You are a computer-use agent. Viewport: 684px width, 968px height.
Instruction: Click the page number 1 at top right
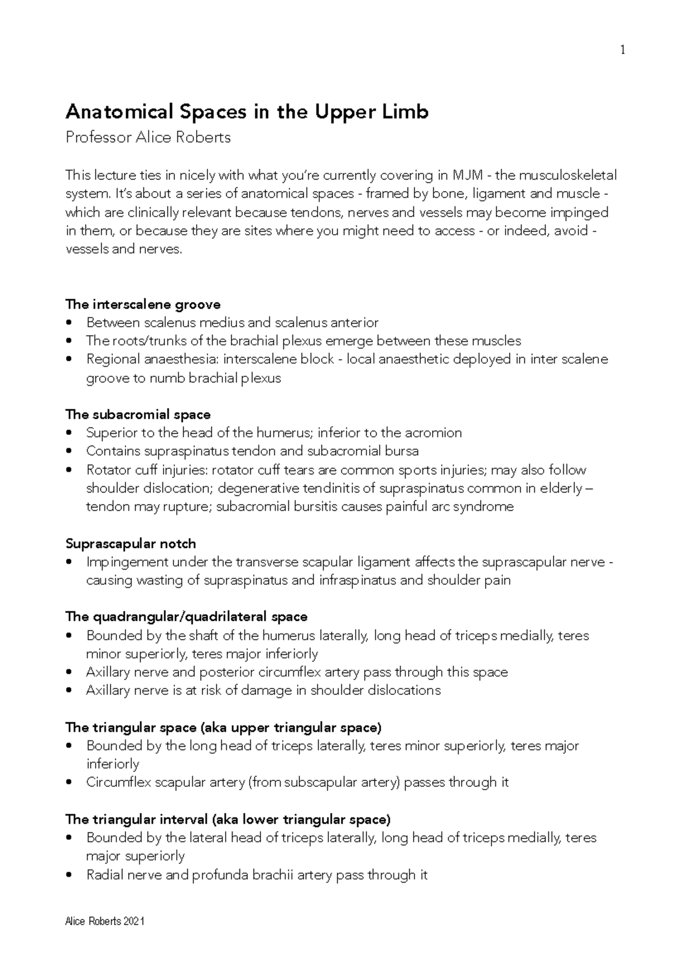click(x=622, y=51)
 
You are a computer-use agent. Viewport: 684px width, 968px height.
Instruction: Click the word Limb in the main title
click(x=405, y=112)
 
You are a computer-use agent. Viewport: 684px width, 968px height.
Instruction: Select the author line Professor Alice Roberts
click(x=148, y=137)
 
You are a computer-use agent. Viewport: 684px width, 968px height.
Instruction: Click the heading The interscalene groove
click(x=143, y=304)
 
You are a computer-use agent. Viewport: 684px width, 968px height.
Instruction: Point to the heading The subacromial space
click(x=138, y=414)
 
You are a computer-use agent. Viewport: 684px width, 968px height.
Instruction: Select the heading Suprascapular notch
click(x=131, y=543)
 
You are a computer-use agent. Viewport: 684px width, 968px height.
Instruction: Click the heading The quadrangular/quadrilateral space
click(x=186, y=616)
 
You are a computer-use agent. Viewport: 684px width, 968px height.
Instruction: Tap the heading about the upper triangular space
click(x=223, y=727)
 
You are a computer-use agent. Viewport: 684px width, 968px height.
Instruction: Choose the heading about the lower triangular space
click(x=228, y=819)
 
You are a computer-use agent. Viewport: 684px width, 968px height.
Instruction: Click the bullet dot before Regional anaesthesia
click(x=70, y=360)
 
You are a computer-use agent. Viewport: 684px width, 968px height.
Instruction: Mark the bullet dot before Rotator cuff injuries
click(x=70, y=470)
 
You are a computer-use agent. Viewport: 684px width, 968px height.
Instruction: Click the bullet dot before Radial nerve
click(x=70, y=875)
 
